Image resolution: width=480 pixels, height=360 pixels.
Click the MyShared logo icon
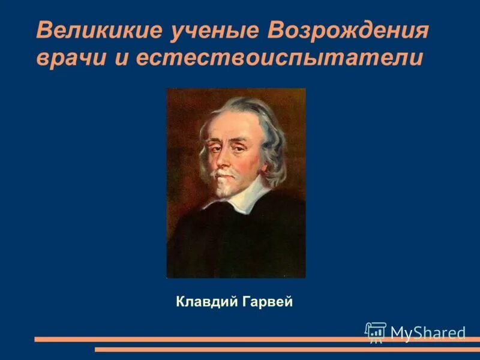(376, 332)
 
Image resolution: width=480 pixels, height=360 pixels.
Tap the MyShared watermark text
(428, 333)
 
